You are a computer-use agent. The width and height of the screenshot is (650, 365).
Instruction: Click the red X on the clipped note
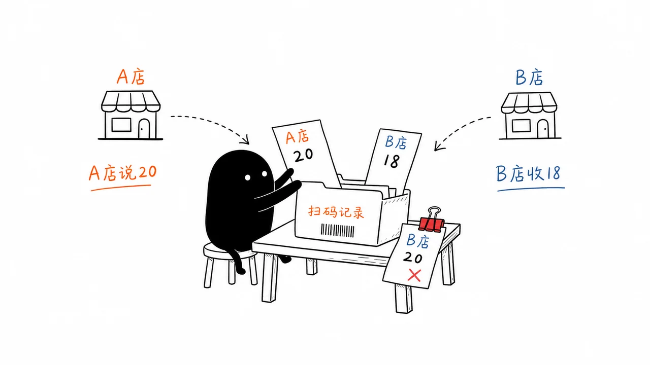pos(414,275)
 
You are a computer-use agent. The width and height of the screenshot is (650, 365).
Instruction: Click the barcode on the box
pos(338,231)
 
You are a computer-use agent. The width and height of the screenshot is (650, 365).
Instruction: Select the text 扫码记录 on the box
pos(336,212)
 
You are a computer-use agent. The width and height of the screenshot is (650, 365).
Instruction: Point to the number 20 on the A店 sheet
pos(304,155)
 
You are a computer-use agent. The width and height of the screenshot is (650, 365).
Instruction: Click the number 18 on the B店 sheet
pos(392,161)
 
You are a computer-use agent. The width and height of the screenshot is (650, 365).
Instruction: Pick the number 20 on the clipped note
pos(412,257)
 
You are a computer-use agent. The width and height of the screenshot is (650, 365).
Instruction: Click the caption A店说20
pos(122,173)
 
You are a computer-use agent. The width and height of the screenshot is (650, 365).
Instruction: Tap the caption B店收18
pos(528,173)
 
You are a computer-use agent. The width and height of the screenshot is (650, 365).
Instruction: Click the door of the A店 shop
pos(144,129)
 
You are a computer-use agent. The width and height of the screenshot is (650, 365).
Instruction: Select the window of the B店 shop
pos(521,126)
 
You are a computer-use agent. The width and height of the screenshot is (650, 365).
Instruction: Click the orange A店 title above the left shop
pos(131,77)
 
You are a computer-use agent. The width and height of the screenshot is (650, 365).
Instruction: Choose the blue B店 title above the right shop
pos(529,78)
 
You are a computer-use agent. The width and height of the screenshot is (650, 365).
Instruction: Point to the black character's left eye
pos(247,177)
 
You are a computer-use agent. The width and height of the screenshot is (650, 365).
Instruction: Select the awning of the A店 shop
pos(131,101)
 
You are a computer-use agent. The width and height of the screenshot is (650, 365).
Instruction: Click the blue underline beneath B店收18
pos(531,189)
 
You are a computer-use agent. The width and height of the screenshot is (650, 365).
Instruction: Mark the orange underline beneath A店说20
pos(121,188)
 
